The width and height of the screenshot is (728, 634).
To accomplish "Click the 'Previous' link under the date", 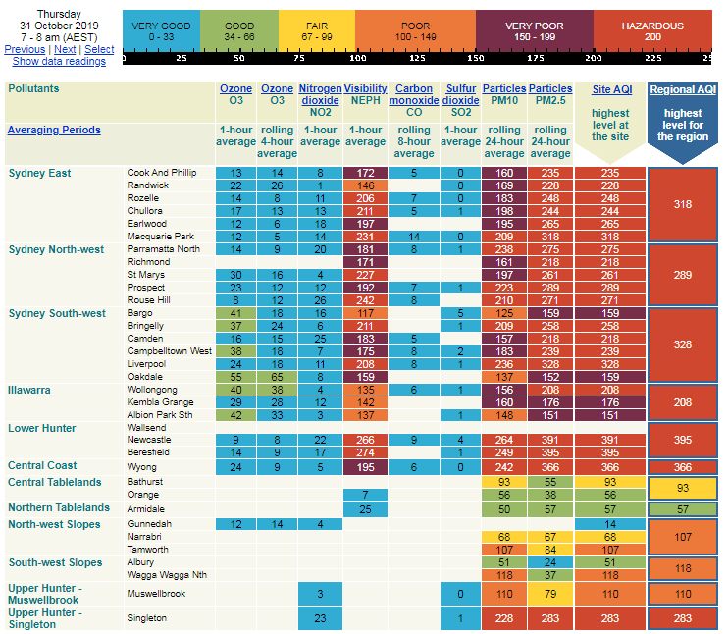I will pyautogui.click(x=25, y=49).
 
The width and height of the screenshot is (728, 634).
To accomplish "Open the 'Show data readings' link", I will pyautogui.click(x=59, y=61).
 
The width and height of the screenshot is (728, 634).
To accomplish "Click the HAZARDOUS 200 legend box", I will pyautogui.click(x=652, y=31).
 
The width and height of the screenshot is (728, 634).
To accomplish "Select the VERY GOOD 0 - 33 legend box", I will pyautogui.click(x=161, y=31).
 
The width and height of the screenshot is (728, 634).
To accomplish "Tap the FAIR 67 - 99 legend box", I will pyautogui.click(x=316, y=31).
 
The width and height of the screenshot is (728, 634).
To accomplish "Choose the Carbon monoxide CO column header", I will pyautogui.click(x=414, y=101).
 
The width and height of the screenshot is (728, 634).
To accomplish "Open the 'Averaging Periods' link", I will pyautogui.click(x=54, y=130).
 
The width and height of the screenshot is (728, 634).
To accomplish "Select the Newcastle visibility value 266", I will pyautogui.click(x=366, y=441).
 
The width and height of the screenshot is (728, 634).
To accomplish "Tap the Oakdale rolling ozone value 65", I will pyautogui.click(x=277, y=377).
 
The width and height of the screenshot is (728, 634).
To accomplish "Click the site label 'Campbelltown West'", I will pyautogui.click(x=169, y=351).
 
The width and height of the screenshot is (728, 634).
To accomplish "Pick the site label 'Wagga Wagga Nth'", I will pyautogui.click(x=166, y=575).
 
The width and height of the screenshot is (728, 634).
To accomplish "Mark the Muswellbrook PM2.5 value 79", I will pyautogui.click(x=550, y=595).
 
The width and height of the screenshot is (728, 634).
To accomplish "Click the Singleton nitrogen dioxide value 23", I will pyautogui.click(x=320, y=619).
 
